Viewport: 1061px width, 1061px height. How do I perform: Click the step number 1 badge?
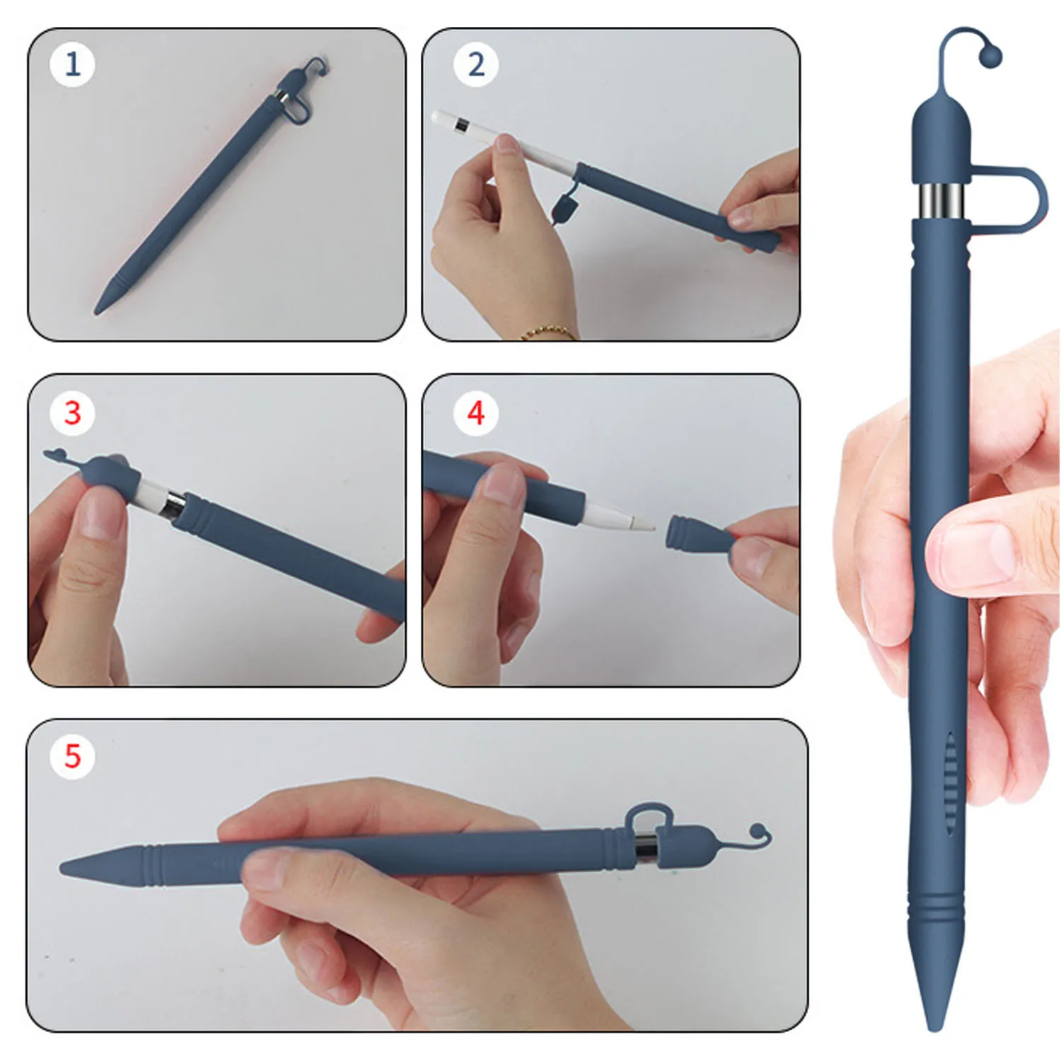click(72, 64)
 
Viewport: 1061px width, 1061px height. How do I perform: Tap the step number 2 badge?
click(476, 64)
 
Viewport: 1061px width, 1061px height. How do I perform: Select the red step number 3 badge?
click(72, 413)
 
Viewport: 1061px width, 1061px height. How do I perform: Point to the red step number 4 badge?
click(476, 413)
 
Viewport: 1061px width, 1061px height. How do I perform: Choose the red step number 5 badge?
click(72, 756)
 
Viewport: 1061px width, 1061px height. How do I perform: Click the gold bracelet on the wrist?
click(548, 332)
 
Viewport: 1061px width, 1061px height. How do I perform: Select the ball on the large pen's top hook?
click(991, 54)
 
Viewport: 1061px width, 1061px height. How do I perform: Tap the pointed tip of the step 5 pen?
click(62, 868)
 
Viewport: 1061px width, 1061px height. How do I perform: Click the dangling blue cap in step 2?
click(564, 209)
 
